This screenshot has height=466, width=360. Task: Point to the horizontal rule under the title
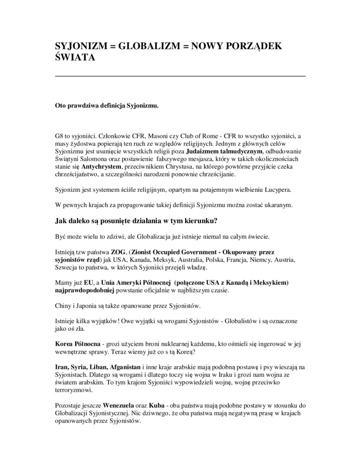[180, 76]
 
